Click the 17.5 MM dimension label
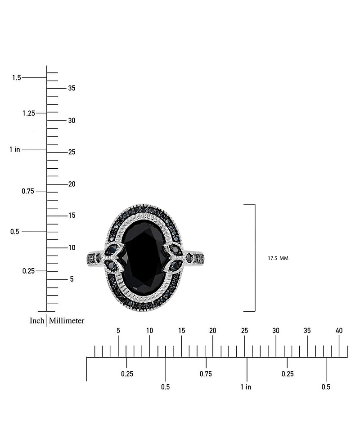pyautogui.click(x=278, y=258)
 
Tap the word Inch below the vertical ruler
pyautogui.click(x=37, y=321)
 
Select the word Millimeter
pyautogui.click(x=67, y=321)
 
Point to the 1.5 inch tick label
pyautogui.click(x=17, y=78)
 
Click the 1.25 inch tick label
pyautogui.click(x=28, y=113)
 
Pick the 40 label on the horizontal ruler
pyautogui.click(x=339, y=331)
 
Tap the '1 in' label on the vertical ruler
pyautogui.click(x=15, y=149)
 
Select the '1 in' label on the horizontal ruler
pyautogui.click(x=246, y=387)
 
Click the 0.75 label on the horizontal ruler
pyautogui.click(x=206, y=374)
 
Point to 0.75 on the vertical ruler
pyautogui.click(x=28, y=191)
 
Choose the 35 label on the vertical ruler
pyautogui.click(x=72, y=88)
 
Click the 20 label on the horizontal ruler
pyautogui.click(x=213, y=331)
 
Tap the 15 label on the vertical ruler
pyautogui.click(x=72, y=216)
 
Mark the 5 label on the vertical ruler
pyautogui.click(x=72, y=279)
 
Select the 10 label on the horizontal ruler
pyautogui.click(x=149, y=331)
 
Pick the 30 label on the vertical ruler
pyautogui.click(x=72, y=121)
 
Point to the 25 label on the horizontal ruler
pyautogui.click(x=244, y=331)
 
